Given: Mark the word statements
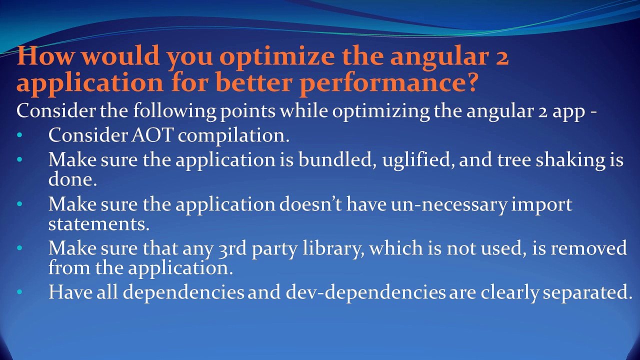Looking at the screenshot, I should [99, 223].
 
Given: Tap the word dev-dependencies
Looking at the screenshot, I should [365, 292].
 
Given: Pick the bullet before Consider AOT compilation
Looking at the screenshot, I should [19, 136].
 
